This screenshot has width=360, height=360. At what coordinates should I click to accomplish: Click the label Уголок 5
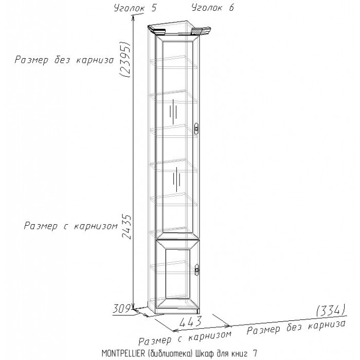click(135, 8)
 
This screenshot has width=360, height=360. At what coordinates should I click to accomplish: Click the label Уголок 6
click(212, 8)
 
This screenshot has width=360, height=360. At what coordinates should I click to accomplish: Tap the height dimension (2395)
click(125, 59)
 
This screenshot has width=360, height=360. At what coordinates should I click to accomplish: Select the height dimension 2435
click(127, 227)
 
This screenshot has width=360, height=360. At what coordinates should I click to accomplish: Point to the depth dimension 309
click(122, 309)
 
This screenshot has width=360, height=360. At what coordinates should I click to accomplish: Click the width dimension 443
click(191, 321)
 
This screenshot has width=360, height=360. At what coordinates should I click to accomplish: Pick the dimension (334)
click(331, 311)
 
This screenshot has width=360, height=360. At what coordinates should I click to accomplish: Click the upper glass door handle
click(196, 129)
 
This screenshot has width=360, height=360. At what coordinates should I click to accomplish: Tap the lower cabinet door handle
click(196, 269)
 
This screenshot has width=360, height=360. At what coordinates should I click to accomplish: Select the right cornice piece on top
click(201, 31)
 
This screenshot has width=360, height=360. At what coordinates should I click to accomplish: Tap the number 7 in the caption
click(255, 353)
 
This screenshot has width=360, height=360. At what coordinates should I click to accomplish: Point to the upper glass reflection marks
click(173, 112)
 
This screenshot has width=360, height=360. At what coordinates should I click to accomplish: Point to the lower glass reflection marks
click(176, 179)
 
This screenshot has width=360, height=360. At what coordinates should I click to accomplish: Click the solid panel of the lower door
click(178, 274)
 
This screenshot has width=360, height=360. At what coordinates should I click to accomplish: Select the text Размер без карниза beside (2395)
click(64, 60)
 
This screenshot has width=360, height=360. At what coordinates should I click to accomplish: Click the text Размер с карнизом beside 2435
click(71, 226)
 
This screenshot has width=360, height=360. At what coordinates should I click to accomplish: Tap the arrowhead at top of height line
click(133, 17)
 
